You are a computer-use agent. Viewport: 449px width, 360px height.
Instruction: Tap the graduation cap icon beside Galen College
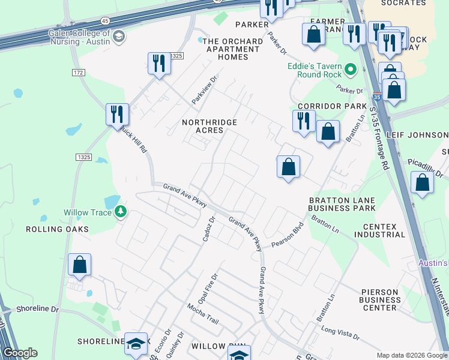[119, 37]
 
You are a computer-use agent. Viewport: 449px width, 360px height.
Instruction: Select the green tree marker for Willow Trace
[121, 211]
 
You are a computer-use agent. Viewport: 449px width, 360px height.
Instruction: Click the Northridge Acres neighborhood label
[209, 127]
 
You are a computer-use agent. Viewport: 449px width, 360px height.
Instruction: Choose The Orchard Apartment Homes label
[224, 49]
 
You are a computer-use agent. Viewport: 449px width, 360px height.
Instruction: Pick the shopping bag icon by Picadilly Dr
[423, 182]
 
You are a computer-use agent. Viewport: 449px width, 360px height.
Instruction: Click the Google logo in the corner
[20, 353]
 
